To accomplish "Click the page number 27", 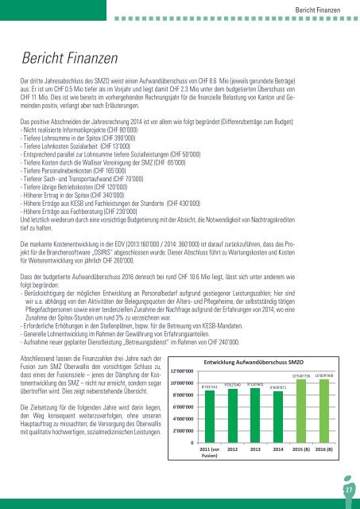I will pos(347,493).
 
